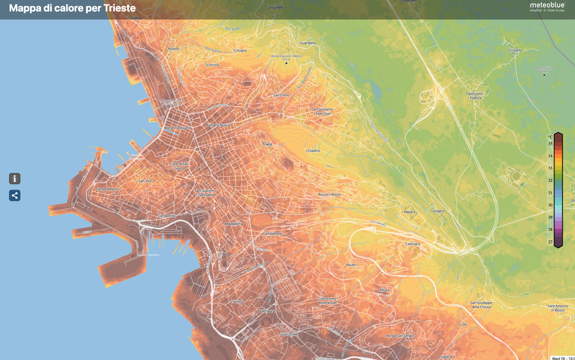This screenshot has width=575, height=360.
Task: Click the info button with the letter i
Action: pos(15,179)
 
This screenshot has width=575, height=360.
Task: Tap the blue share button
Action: pos(15,195)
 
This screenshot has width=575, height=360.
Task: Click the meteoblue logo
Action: pos(547,7)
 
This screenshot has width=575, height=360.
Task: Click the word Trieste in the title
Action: pos(119,8)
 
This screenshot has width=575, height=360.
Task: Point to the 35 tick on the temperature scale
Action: pos(550,144)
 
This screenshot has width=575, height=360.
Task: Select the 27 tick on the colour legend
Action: pos(550,242)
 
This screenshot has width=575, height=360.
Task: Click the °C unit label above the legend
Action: pos(550,137)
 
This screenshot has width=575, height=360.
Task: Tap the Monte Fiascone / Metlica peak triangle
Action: pos(286,63)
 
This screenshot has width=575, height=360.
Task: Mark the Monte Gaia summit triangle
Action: pos(544,75)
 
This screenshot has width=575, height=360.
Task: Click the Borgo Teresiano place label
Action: pos(177,128)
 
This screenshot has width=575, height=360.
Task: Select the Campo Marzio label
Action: pos(107,189)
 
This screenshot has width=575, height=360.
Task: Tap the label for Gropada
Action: pos(515,50)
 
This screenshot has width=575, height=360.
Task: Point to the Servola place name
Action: pos(238,301)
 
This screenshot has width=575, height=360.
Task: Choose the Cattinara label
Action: pos(412,244)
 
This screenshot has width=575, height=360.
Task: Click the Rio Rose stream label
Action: pos(232,29)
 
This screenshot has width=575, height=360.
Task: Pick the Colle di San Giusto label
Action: pos(179,166)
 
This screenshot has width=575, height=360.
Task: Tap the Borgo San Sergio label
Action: pos(400,336)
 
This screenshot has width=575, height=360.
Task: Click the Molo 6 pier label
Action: pos(87,232)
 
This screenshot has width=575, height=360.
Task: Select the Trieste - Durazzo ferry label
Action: pos(148,255)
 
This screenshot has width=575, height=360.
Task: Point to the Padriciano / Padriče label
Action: pos(474,96)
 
